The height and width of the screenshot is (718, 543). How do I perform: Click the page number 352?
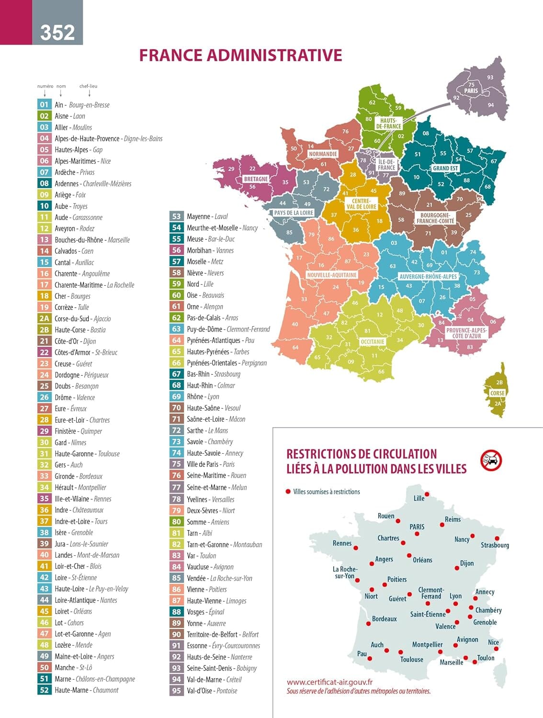pos(57,32)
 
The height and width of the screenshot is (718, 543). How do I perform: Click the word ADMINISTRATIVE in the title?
pos(274,55)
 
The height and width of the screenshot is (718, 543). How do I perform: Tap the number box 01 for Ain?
pos(44,104)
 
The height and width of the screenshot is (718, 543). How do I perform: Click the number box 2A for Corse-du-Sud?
pos(44,318)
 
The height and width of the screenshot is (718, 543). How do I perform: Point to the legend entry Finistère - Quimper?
pos(78,431)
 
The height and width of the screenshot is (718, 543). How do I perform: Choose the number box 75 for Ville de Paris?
pos(176,464)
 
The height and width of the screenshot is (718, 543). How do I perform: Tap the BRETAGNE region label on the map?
pos(256,179)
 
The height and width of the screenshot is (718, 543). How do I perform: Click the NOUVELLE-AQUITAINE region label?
pos(332,275)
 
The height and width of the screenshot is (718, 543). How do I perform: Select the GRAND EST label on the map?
pos(445,168)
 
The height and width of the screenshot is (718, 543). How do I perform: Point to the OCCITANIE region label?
pos(372,342)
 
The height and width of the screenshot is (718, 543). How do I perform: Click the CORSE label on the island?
pos(497,393)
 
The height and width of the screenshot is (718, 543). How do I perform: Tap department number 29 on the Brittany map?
pos(231,169)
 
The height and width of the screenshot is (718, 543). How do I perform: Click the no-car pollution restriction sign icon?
pos(491,460)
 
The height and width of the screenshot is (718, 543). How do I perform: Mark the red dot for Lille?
pos(427,494)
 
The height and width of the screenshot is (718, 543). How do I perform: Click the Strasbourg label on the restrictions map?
pos(495,545)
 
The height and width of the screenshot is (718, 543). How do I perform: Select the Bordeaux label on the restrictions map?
pos(384,619)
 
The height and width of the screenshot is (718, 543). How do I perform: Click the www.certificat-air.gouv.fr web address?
pos(329,682)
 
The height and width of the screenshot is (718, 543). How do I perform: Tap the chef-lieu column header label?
pos(88,86)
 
